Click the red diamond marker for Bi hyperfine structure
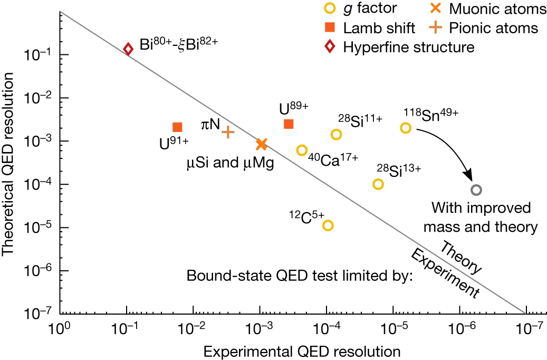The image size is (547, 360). click(128, 49)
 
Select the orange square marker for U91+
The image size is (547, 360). click(177, 127)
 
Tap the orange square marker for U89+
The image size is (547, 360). click(289, 124)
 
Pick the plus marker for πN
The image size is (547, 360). click(228, 132)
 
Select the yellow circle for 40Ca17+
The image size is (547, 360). click(302, 150)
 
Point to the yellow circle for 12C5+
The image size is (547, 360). click(328, 225)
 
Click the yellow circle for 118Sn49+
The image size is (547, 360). click(406, 128)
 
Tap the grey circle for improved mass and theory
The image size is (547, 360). click(476, 190)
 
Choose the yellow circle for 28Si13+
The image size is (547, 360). click(378, 184)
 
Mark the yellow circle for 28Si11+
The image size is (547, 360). click(337, 135)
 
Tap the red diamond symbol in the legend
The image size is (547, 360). click(330, 47)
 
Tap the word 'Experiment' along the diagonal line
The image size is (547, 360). click(445, 273)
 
